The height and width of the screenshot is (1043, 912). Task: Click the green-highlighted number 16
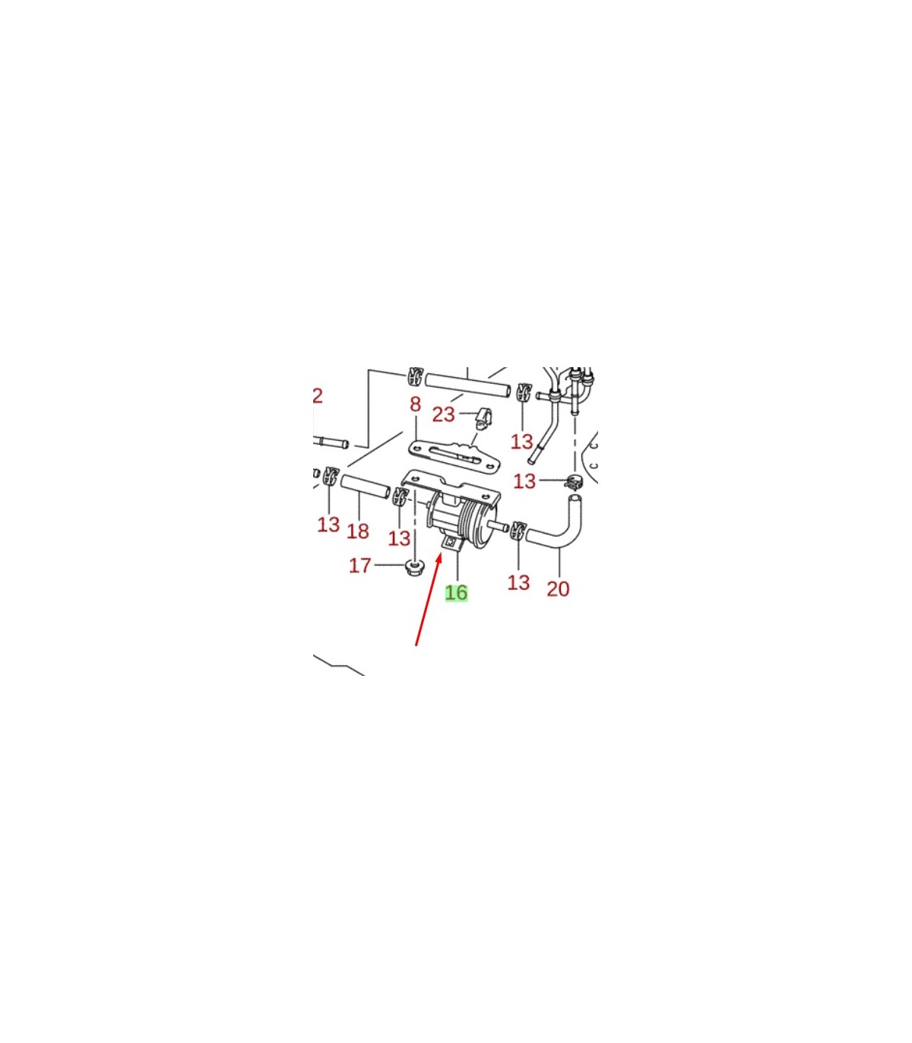[x=456, y=593]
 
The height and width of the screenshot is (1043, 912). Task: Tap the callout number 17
[x=359, y=566]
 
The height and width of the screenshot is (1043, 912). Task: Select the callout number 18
[x=358, y=531]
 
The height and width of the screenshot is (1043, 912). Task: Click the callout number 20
[x=558, y=589]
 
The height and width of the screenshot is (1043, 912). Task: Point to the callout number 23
[x=443, y=414]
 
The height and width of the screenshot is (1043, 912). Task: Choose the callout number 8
[x=416, y=404]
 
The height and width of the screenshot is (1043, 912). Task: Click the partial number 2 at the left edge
[x=318, y=396]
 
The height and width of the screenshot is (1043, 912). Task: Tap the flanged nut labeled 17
[x=416, y=567]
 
